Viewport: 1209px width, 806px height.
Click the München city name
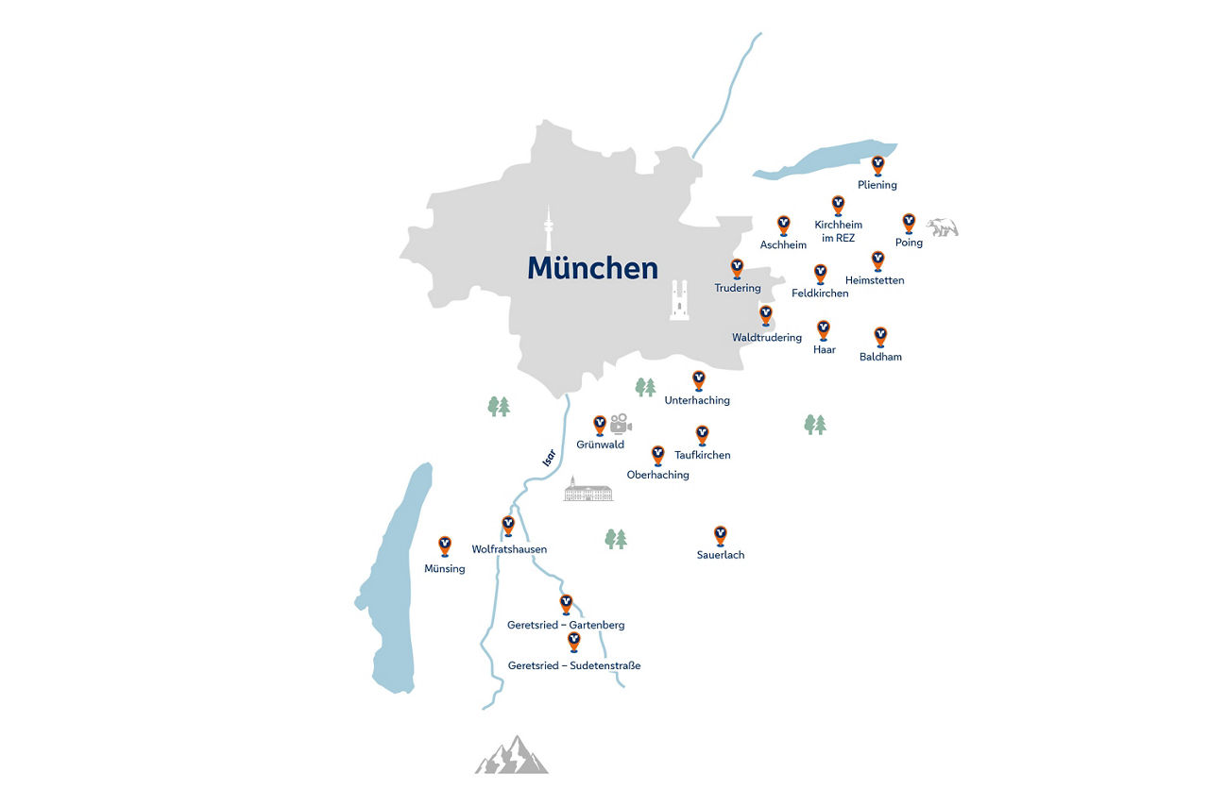[592, 268]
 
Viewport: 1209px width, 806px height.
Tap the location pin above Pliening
[877, 165]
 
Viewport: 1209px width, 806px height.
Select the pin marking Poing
[909, 223]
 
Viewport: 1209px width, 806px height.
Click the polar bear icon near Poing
[942, 227]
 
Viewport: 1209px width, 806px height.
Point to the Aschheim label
[783, 245]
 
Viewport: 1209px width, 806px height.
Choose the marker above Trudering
[737, 269]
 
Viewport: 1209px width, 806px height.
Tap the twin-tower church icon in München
[679, 300]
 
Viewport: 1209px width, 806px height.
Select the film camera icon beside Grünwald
[620, 423]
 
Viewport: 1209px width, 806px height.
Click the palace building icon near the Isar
[588, 489]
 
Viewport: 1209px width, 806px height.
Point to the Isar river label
[549, 458]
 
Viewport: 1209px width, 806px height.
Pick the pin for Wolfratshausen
[508, 526]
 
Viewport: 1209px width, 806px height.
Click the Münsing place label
[445, 569]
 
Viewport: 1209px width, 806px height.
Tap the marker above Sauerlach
[721, 535]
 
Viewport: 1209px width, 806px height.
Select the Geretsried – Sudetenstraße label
[574, 666]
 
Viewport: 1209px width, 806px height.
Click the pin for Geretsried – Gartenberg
[567, 603]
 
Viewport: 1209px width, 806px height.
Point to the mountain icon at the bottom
[511, 755]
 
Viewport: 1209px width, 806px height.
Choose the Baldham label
[880, 358]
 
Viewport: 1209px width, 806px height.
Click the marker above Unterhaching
[699, 380]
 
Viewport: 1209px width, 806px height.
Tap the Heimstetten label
[875, 280]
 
